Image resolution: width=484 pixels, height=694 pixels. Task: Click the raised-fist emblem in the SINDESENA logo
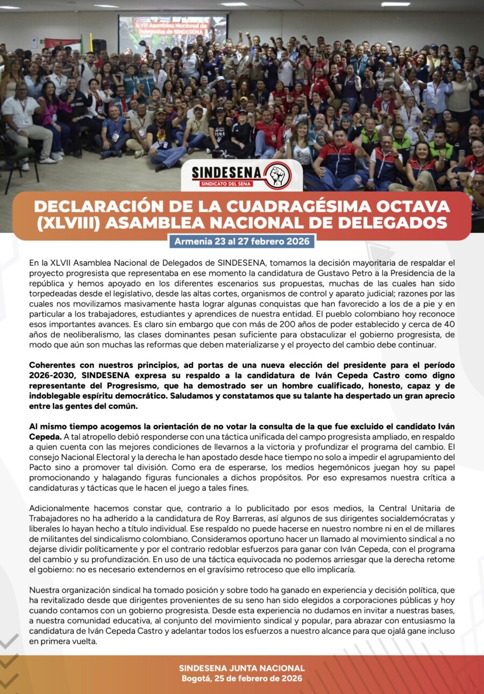pos(277,175)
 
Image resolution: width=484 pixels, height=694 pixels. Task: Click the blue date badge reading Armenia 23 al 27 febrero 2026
pos(241,242)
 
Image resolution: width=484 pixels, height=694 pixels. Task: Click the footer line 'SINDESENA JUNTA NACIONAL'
pos(241,668)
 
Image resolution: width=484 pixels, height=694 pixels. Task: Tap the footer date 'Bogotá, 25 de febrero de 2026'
pos(241,678)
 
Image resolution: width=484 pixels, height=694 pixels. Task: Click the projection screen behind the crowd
pos(173,32)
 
